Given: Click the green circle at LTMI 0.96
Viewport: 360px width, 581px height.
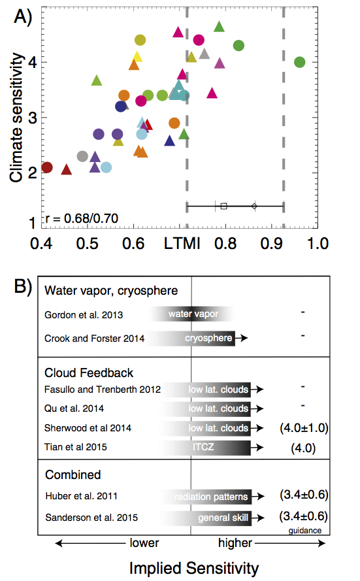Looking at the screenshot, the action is coord(300,62).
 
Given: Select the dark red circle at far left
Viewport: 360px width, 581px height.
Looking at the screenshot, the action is coord(47,167).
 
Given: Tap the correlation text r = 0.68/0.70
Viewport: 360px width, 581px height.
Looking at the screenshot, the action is coord(82,218).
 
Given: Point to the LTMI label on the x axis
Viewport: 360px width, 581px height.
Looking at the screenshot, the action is coord(182,243).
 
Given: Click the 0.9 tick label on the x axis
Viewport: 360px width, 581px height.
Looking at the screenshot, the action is coord(272,243).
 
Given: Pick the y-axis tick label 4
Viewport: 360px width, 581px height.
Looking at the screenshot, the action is coord(33,62).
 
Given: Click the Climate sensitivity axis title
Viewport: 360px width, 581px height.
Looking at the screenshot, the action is coord(17,118).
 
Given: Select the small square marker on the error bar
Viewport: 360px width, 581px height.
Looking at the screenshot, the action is coord(223,206).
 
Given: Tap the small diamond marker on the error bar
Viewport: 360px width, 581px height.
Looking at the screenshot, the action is coord(254,206).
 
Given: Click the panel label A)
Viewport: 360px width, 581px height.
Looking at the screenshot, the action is coord(23,17).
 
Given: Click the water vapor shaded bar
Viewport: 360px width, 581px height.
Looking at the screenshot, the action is coord(192,314).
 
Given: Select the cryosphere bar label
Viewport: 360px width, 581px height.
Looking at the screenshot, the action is coord(208,338).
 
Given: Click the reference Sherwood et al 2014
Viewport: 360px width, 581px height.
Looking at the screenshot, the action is coord(88,428).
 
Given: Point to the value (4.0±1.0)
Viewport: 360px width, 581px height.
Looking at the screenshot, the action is coord(304,428).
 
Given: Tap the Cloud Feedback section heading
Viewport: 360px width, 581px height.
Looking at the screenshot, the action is coord(89,373).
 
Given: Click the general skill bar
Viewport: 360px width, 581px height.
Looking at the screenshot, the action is coord(206,518).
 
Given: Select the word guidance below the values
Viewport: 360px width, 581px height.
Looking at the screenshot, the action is coord(305,531).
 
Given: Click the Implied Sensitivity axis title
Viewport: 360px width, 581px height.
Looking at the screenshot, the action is coord(193,568).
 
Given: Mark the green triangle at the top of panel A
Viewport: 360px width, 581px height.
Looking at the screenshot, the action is coord(220,27).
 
